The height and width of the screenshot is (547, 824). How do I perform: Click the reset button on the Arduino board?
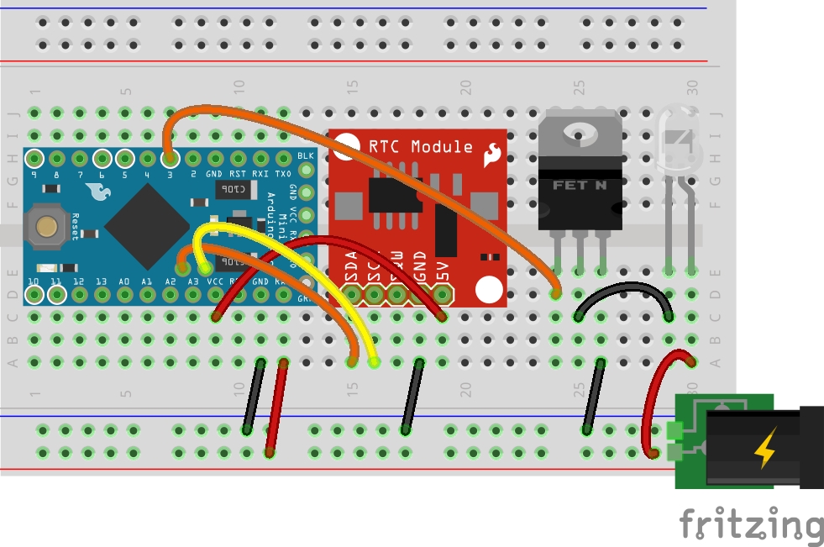coord(46,225)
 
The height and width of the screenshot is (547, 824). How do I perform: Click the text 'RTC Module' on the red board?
coord(421,147)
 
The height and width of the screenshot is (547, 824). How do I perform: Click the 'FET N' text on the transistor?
coord(580,184)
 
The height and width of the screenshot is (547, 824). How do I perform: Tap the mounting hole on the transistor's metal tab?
coord(580,131)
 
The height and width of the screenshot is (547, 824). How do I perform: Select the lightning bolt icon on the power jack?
coord(765,450)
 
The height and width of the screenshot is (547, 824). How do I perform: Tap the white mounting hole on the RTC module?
coord(488,290)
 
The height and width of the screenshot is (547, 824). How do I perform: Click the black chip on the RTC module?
coord(395,195)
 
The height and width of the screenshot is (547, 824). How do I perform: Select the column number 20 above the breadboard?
coord(464,87)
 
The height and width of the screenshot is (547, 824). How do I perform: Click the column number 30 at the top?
coord(692,87)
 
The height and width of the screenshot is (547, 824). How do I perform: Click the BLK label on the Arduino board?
coord(306,156)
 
